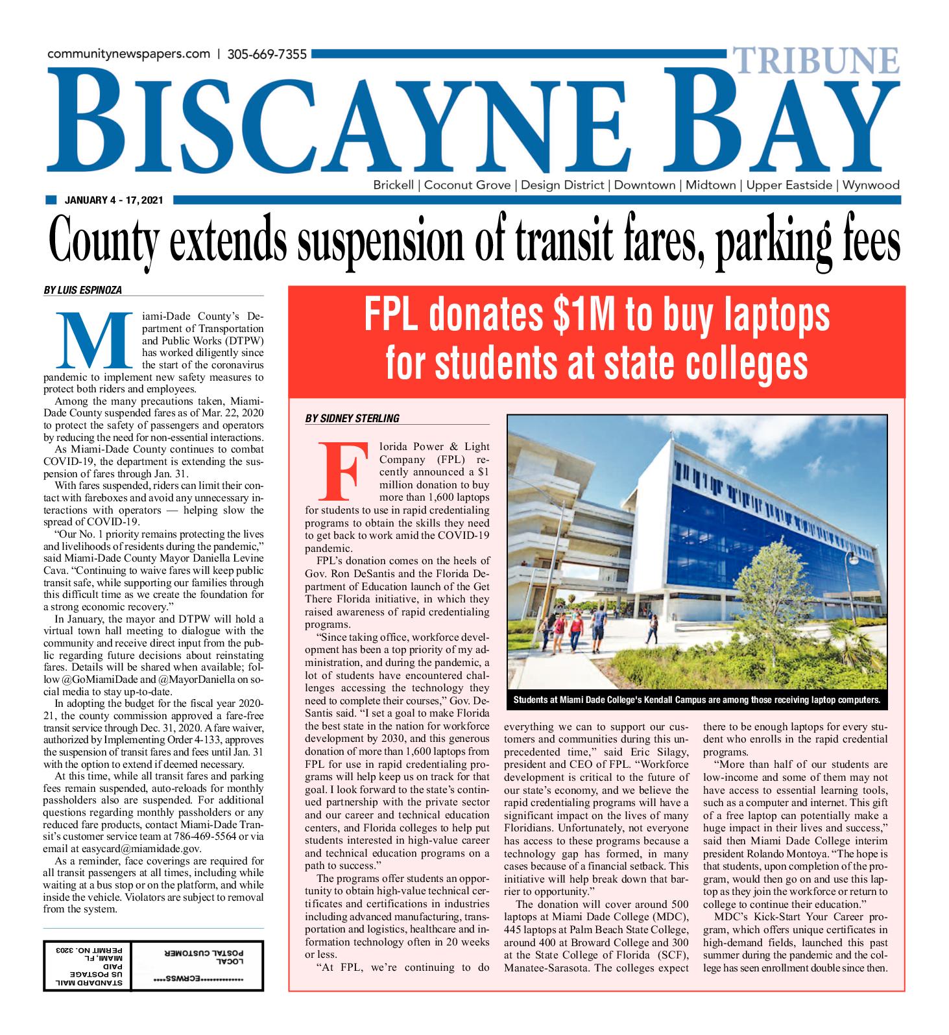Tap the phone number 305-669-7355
click(x=267, y=54)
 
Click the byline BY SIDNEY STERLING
click(x=352, y=418)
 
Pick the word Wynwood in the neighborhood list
click(x=871, y=185)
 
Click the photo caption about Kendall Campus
click(x=697, y=700)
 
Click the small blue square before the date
click(x=52, y=200)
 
